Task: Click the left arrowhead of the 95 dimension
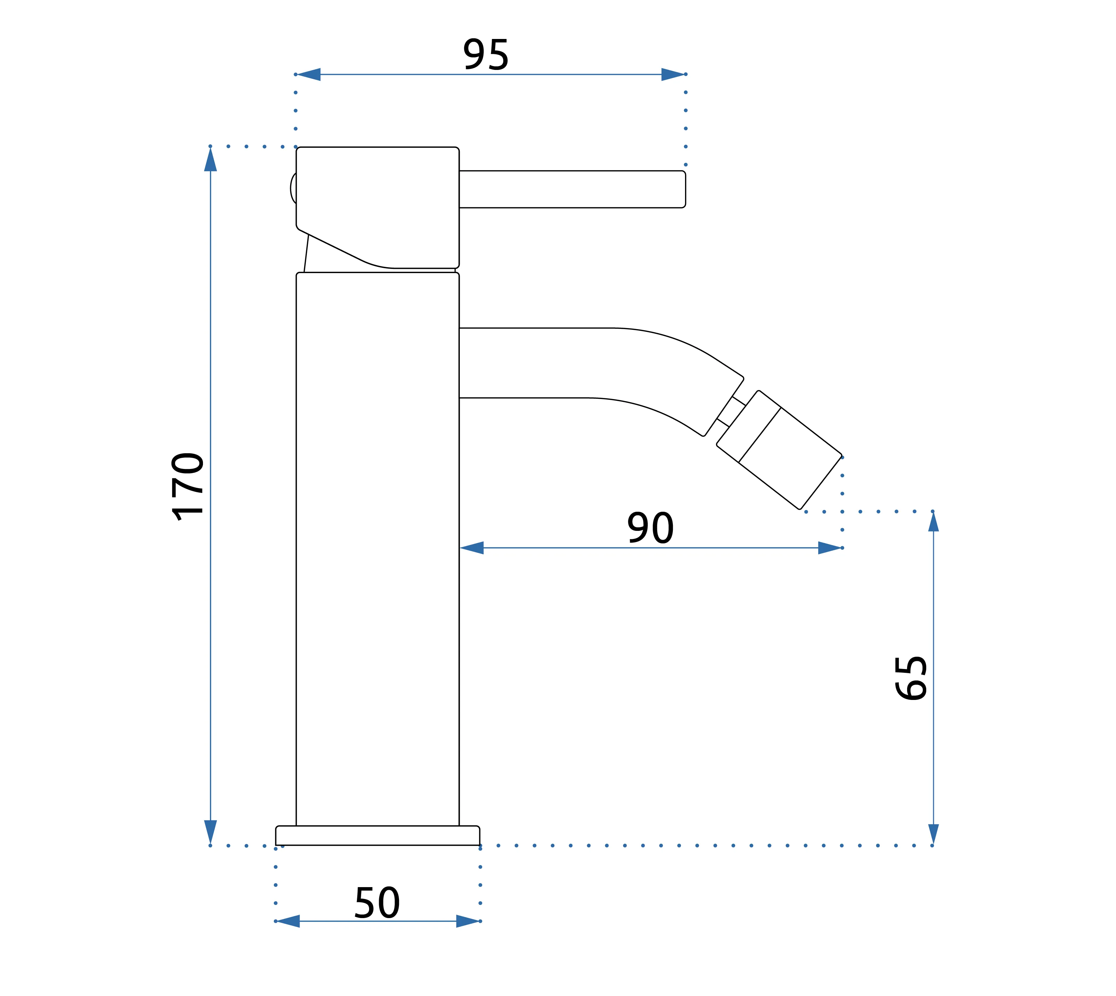pyautogui.click(x=309, y=74)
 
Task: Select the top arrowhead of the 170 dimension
pyautogui.click(x=211, y=160)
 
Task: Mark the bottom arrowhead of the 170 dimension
pyautogui.click(x=211, y=831)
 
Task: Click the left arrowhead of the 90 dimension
pyautogui.click(x=472, y=548)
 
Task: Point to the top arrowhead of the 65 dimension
pyautogui.click(x=934, y=522)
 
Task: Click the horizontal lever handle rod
pyautogui.click(x=571, y=189)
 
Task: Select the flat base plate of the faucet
pyautogui.click(x=377, y=836)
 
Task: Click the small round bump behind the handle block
pyautogui.click(x=293, y=188)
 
